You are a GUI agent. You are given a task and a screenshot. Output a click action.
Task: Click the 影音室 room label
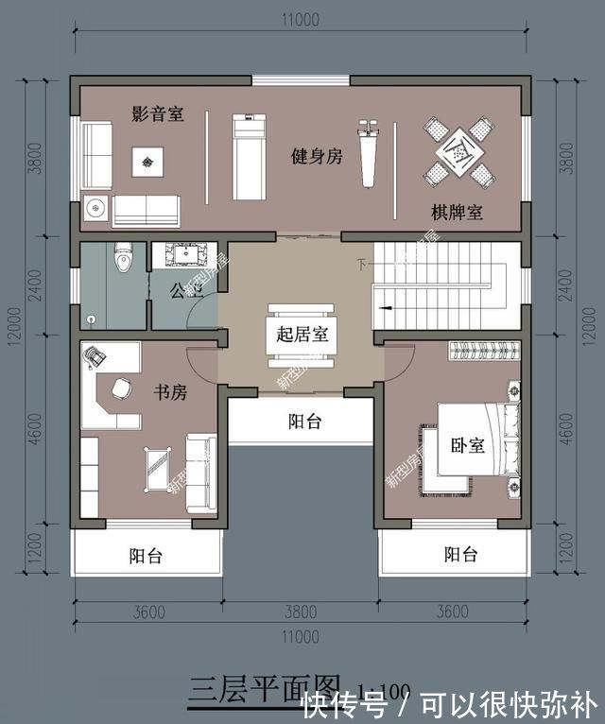pyautogui.click(x=157, y=114)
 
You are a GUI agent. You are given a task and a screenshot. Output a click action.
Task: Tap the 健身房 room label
pyautogui.click(x=316, y=157)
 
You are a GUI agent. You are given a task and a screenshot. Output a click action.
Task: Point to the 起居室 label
pyautogui.click(x=302, y=335)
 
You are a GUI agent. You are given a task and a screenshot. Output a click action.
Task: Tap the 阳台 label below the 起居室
pyautogui.click(x=304, y=422)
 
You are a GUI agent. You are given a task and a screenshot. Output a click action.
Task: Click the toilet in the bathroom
pyautogui.click(x=122, y=258)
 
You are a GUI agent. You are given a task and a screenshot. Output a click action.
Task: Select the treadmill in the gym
pyautogui.click(x=248, y=156)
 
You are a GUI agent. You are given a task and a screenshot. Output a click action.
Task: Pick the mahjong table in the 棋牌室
pyautogui.click(x=458, y=149)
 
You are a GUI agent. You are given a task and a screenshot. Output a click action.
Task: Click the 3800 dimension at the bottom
pyautogui.click(x=303, y=612)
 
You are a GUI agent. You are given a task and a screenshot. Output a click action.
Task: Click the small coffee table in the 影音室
pyautogui.click(x=147, y=162)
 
